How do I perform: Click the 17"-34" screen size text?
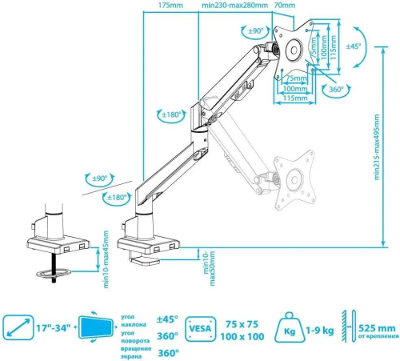pyautogui.click(x=50, y=327)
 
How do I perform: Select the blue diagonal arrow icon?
pyautogui.click(x=18, y=327)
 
